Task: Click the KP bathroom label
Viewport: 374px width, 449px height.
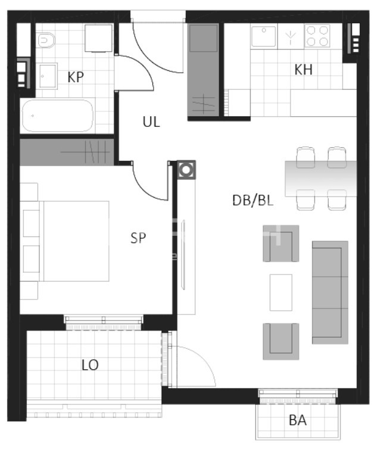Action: pyautogui.click(x=76, y=77)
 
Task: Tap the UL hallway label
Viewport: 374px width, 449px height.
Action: pyautogui.click(x=151, y=122)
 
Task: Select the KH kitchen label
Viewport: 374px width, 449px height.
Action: pyautogui.click(x=304, y=70)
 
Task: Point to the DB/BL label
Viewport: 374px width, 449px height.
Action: pyautogui.click(x=253, y=200)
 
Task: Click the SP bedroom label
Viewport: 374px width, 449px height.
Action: pyautogui.click(x=138, y=238)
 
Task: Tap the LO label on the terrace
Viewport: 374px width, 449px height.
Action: pyautogui.click(x=90, y=365)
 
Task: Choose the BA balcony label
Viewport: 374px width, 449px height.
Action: pyautogui.click(x=298, y=420)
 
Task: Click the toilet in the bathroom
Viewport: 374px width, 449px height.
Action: pyautogui.click(x=46, y=40)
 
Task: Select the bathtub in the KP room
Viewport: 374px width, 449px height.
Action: pyautogui.click(x=58, y=116)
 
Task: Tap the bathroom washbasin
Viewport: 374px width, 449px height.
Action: pyautogui.click(x=48, y=76)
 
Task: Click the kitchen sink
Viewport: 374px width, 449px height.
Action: pyautogui.click(x=263, y=36)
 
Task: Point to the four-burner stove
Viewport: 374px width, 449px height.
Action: pyautogui.click(x=317, y=36)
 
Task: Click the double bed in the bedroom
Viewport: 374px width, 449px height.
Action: pyautogui.click(x=65, y=241)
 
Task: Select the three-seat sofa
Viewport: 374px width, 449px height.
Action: pyautogui.click(x=330, y=292)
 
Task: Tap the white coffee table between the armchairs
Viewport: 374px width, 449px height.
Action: pyautogui.click(x=281, y=292)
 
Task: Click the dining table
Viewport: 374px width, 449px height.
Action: pyautogui.click(x=321, y=179)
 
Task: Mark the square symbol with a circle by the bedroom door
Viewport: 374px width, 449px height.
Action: pyautogui.click(x=186, y=170)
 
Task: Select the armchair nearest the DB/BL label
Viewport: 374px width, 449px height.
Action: pyautogui.click(x=281, y=244)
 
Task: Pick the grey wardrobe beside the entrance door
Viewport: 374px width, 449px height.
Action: pyautogui.click(x=203, y=70)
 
